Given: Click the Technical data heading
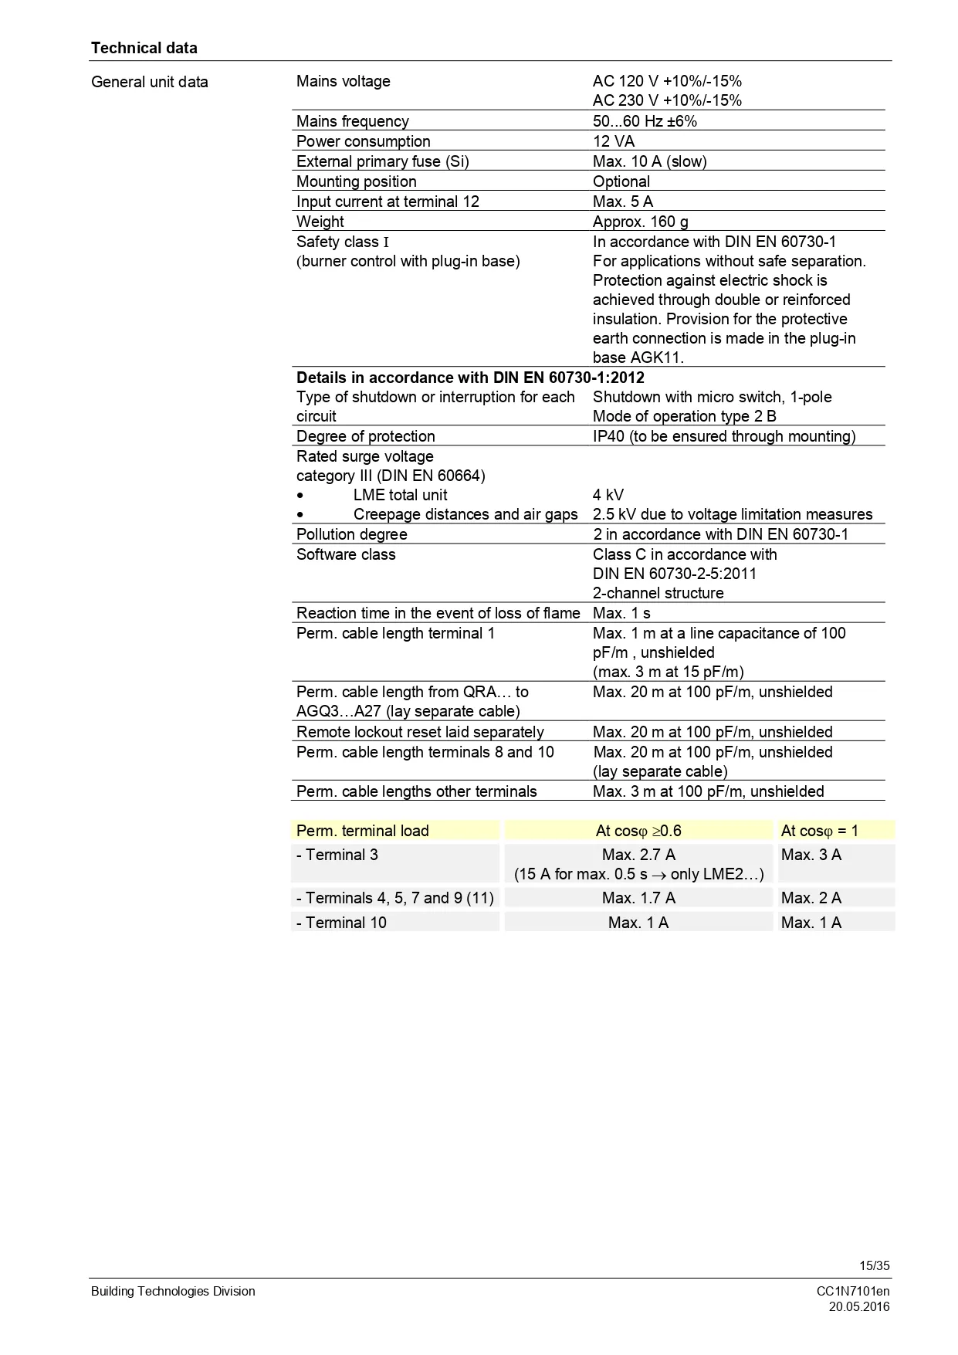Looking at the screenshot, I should [x=144, y=48].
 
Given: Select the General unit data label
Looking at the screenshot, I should [x=150, y=82].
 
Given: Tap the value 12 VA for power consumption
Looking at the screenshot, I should [x=614, y=141].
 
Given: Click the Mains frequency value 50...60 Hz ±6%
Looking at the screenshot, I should [x=645, y=121].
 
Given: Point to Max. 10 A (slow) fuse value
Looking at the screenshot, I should [x=649, y=161].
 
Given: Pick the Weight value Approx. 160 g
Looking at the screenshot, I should [x=640, y=222].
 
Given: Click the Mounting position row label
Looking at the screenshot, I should [x=357, y=181].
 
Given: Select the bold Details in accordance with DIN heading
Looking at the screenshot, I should [x=470, y=378].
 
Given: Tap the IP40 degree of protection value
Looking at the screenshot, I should [x=723, y=436].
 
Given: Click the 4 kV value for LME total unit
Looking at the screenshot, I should [x=608, y=495].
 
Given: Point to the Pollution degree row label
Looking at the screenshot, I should [x=351, y=534].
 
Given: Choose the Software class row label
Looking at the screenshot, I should [x=346, y=554].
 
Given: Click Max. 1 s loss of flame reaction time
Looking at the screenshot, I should [x=621, y=613].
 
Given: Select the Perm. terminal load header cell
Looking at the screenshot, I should [x=363, y=831].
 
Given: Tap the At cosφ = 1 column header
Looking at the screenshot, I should [x=819, y=831].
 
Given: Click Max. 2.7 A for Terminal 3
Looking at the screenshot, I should [x=638, y=855].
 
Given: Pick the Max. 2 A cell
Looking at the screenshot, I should [x=811, y=898].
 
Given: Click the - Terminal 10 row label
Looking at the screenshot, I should [x=341, y=923].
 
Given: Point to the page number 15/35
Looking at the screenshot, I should [x=875, y=1265].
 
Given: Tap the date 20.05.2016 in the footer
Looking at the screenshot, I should [x=859, y=1306].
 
